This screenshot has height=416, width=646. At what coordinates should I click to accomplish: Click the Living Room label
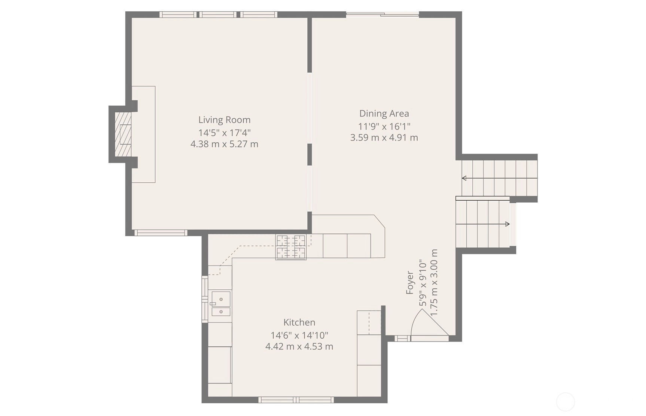click(x=224, y=120)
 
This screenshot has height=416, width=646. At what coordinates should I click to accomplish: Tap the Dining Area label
click(x=384, y=113)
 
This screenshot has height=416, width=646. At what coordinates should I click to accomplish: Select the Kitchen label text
click(x=299, y=322)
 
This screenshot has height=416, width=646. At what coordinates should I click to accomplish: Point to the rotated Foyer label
click(x=410, y=282)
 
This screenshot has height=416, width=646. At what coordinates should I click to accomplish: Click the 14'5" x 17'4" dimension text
click(x=224, y=133)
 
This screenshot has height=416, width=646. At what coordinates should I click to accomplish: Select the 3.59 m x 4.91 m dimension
click(x=384, y=137)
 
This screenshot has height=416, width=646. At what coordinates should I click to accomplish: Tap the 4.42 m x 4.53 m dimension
click(x=299, y=346)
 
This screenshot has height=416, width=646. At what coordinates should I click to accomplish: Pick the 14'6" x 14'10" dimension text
click(x=299, y=335)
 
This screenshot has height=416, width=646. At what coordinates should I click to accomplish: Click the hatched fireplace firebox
click(x=123, y=134)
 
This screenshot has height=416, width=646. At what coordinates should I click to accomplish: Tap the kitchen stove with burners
click(x=291, y=247)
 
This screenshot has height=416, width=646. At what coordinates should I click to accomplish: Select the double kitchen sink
click(x=221, y=304)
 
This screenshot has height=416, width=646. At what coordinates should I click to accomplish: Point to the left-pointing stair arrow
click(x=499, y=178)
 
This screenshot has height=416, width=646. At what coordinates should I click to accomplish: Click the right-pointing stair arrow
click(x=483, y=224)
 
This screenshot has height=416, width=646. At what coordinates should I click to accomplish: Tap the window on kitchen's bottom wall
click(x=296, y=400)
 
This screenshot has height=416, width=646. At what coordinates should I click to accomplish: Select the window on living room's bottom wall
click(x=161, y=233)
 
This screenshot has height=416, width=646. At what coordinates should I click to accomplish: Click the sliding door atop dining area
click(x=383, y=14)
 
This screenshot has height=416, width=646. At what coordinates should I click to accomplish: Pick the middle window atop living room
click(x=218, y=15)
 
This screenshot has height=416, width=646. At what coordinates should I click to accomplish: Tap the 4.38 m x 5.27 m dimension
click(x=224, y=144)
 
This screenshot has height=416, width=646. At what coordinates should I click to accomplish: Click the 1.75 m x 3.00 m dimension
click(x=434, y=282)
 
